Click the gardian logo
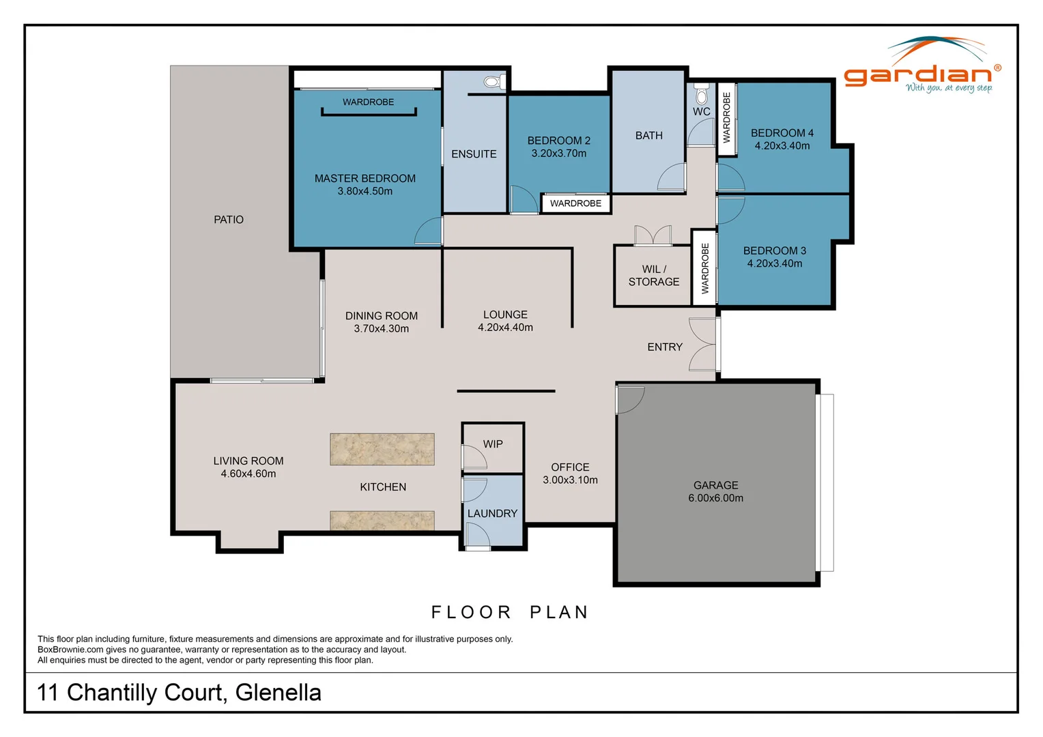click(x=922, y=68)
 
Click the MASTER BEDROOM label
click(x=365, y=179)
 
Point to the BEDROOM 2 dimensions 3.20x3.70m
click(x=558, y=154)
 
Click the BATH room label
click(x=648, y=136)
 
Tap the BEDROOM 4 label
click(x=782, y=133)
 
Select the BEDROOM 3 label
click(x=774, y=251)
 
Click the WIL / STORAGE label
click(x=653, y=276)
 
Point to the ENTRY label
click(x=664, y=347)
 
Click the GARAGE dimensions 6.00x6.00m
click(x=715, y=498)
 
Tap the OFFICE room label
click(x=570, y=467)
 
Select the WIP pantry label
click(x=493, y=444)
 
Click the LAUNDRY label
click(x=492, y=514)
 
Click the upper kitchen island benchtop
click(x=382, y=449)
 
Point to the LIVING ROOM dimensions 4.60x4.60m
click(x=248, y=474)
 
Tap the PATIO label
click(x=228, y=220)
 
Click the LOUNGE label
click(x=505, y=315)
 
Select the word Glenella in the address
click(x=278, y=693)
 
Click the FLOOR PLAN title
click(x=510, y=612)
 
